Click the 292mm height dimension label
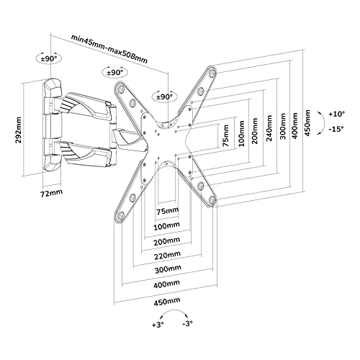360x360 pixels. click(x=19, y=130)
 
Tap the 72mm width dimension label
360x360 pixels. click(x=51, y=193)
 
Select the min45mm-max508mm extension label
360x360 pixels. click(x=109, y=49)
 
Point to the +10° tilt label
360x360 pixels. click(x=337, y=114)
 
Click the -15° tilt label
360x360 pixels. click(x=336, y=129)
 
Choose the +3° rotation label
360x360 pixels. click(x=158, y=325)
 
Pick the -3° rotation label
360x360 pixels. click(x=187, y=324)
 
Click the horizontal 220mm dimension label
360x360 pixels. click(x=167, y=256)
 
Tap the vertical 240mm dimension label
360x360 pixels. click(x=269, y=128)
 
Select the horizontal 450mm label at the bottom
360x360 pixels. click(x=167, y=302)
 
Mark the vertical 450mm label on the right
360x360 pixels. click(x=307, y=122)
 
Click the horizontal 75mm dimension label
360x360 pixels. click(x=168, y=211)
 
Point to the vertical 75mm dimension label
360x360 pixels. click(x=225, y=135)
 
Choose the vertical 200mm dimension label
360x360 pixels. click(x=255, y=131)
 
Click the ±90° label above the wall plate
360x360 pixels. click(x=49, y=58)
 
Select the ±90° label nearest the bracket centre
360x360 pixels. click(x=165, y=97)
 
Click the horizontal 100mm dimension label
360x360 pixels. click(x=166, y=226)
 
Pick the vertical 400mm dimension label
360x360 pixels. click(x=294, y=125)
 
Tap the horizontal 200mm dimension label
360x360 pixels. click(x=167, y=241)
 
